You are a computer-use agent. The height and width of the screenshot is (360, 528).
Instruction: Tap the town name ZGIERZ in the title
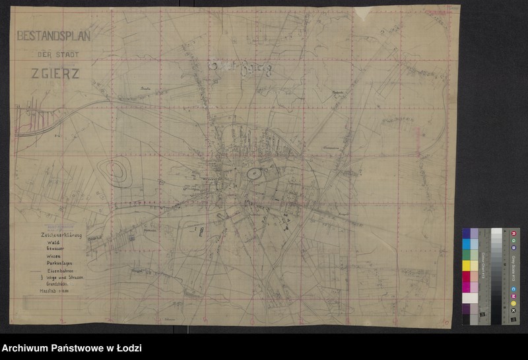[x=55, y=74]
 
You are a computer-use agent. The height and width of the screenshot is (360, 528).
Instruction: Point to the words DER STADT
[x=55, y=55]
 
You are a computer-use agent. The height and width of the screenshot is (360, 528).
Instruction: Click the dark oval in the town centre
[x=253, y=174]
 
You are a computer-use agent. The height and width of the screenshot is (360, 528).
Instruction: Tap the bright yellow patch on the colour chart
[x=466, y=266]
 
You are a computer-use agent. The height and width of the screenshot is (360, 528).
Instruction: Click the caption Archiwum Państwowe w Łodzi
[x=71, y=348]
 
